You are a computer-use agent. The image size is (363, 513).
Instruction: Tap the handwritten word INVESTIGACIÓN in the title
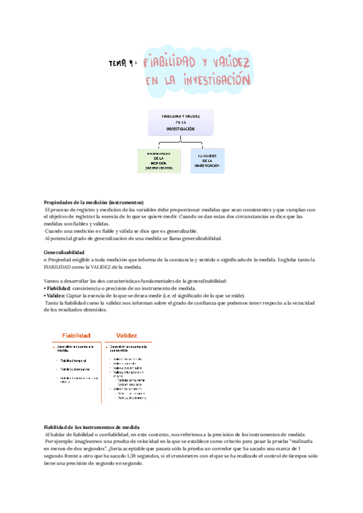point(214,80)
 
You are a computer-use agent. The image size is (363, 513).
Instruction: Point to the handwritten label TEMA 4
point(123,63)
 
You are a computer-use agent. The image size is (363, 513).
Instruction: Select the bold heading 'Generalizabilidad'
point(65,252)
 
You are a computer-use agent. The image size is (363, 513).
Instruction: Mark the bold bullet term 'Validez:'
point(58,296)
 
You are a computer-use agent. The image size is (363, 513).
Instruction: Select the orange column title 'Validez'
point(123,335)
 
